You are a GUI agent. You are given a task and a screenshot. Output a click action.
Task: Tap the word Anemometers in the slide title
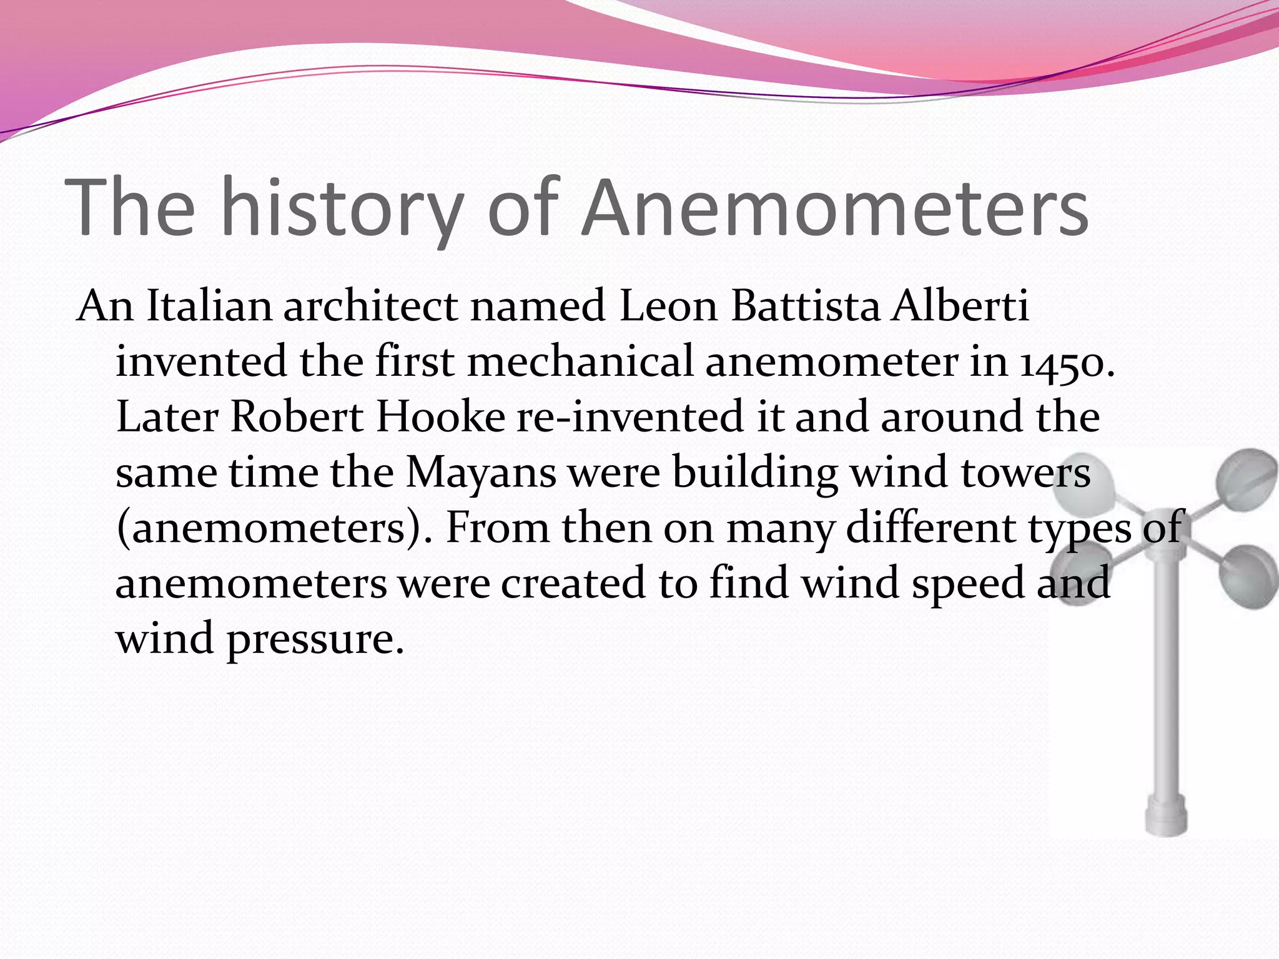(834, 207)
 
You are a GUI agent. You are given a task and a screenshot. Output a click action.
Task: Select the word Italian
(209, 307)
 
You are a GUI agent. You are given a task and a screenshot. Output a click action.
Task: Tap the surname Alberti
(960, 307)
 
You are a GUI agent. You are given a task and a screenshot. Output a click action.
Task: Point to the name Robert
(297, 417)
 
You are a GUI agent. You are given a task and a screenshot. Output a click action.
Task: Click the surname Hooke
(440, 417)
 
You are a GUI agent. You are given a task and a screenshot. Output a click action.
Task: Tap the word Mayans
(481, 473)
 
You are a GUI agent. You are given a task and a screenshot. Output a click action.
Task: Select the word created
(573, 583)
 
